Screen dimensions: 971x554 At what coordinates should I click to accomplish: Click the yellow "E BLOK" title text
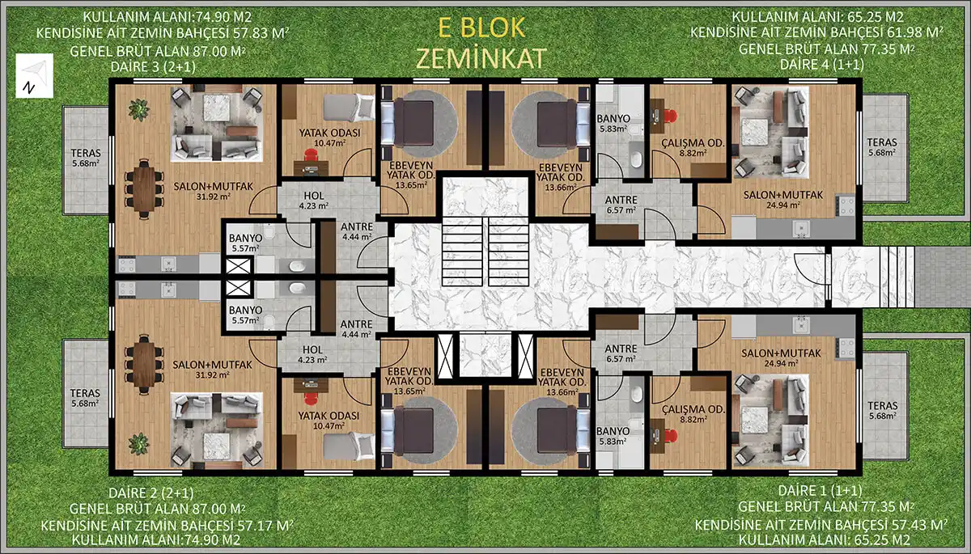click(481, 27)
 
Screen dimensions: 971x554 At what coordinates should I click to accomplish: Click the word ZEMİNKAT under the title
click(481, 58)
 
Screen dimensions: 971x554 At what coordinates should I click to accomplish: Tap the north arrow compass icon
click(34, 76)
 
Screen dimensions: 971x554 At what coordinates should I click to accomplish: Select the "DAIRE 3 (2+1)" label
click(153, 66)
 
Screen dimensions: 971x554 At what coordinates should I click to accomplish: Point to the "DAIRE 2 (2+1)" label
click(151, 493)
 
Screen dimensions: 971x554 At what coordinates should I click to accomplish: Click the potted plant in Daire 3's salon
click(138, 110)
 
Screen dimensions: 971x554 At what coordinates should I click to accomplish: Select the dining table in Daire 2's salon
click(144, 365)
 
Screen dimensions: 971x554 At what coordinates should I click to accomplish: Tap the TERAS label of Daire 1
click(882, 406)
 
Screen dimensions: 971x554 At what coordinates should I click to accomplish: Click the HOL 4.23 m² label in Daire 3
click(313, 201)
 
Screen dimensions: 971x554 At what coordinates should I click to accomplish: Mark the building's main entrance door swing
click(812, 269)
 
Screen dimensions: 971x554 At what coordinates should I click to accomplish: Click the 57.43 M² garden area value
click(919, 525)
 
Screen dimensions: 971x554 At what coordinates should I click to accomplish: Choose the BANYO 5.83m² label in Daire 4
click(613, 123)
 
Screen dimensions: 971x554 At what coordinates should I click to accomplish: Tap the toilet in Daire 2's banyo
click(269, 321)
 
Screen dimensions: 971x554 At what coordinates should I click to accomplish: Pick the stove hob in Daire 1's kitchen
click(846, 348)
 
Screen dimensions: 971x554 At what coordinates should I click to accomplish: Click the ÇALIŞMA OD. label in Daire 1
click(693, 409)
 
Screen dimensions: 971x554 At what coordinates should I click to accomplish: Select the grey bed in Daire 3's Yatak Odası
click(349, 108)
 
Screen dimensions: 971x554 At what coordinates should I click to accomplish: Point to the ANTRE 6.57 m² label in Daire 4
click(621, 205)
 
